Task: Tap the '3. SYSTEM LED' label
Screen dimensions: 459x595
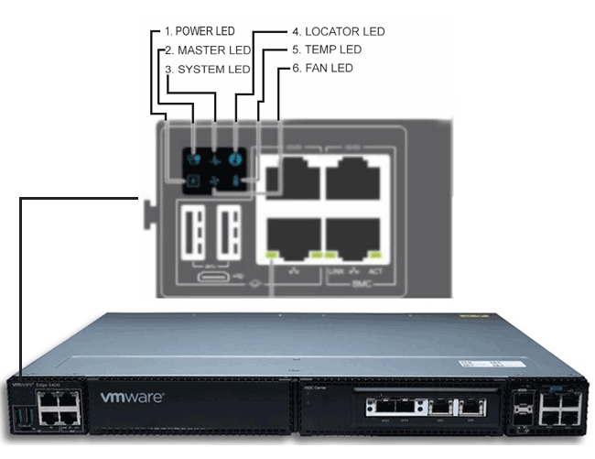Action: pyautogui.click(x=207, y=69)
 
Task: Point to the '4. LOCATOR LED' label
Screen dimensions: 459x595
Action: pyautogui.click(x=337, y=31)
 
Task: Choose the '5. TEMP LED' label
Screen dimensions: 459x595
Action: pyautogui.click(x=326, y=49)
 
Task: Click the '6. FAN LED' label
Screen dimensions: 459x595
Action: pyautogui.click(x=321, y=69)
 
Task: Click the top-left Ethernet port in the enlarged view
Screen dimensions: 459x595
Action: pyautogui.click(x=291, y=177)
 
